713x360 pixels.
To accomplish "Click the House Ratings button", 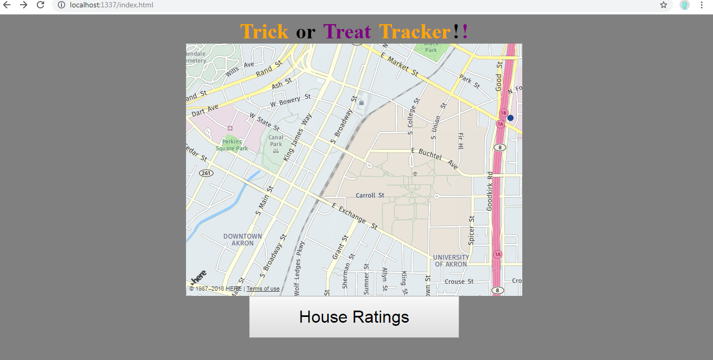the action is pos(354,317).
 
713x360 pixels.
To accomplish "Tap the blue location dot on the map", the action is pos(510,118).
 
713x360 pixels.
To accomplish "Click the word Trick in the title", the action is pos(264,32).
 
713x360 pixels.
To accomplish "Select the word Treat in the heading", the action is pos(347,32).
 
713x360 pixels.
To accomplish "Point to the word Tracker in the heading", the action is pos(415,32).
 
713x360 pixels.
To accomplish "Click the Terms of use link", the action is pos(263,289).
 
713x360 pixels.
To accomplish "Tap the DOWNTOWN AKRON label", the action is pos(242,240).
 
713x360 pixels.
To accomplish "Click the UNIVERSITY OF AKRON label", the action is pos(451,261).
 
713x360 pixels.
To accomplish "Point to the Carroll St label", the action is pos(370,196).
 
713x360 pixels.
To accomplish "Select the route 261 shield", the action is pos(206,173).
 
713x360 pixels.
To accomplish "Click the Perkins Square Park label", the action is pos(232,145).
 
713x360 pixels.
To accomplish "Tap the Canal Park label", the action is pos(276,141).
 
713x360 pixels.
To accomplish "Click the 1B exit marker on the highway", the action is pos(503,113).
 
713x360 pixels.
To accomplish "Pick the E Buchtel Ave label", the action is pos(435,158).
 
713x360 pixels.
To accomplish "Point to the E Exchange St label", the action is pos(354,215).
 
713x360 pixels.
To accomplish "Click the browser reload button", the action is pos(40,5).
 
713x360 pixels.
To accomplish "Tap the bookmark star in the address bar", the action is pos(664,5).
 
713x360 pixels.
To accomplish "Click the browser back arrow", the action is pos(7,5).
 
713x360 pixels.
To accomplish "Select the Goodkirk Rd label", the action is pos(490,191).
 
